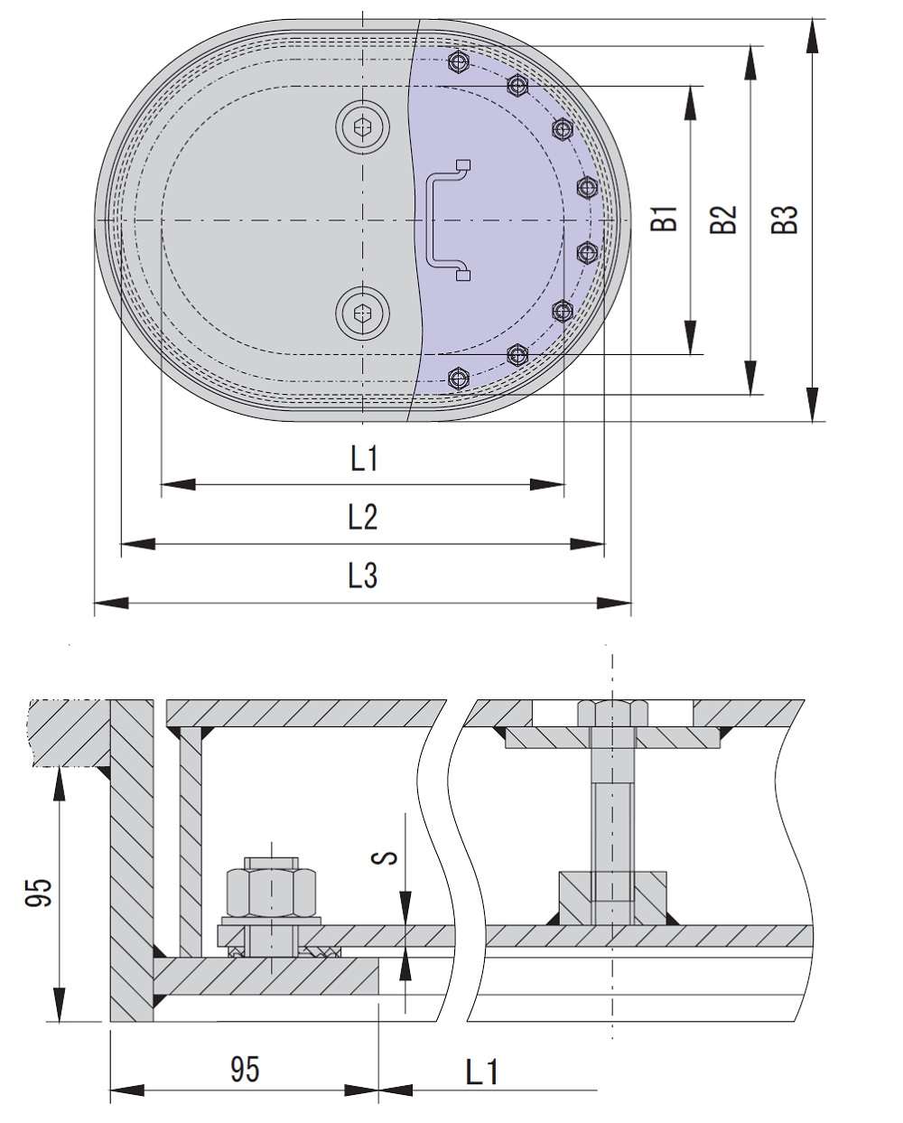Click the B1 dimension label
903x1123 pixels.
(666, 220)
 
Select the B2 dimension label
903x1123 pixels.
(724, 220)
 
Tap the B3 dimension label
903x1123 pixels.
(787, 220)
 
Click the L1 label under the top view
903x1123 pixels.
(363, 460)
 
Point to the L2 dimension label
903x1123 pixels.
(363, 518)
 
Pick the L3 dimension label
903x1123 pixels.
(363, 576)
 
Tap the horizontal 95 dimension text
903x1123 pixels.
(244, 1069)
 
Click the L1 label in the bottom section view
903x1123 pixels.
(481, 1072)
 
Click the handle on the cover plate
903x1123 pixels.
(445, 220)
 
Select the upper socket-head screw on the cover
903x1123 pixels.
(363, 128)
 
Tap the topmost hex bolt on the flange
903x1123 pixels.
(460, 62)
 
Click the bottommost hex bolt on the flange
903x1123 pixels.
(459, 376)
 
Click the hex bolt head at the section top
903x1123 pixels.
(611, 713)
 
